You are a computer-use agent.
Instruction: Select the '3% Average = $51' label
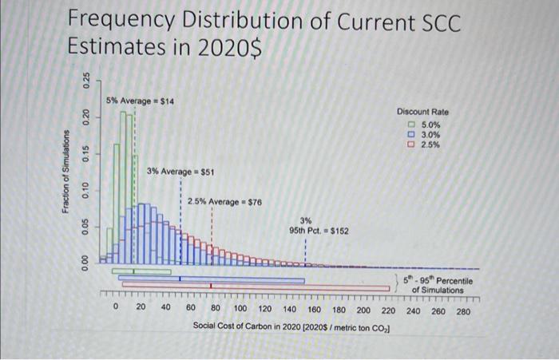pos(180,172)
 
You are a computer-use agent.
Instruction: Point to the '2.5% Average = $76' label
pos(219,202)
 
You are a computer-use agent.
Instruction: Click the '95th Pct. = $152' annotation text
pos(318,231)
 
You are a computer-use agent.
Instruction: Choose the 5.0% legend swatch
pos(411,125)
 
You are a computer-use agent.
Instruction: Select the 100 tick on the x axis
pos(240,308)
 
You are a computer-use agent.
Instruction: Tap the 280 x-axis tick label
pos(462,311)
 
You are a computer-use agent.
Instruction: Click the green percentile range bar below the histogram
pos(143,272)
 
